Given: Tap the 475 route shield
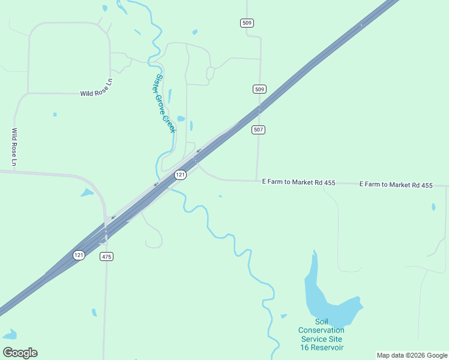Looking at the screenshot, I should [106, 257].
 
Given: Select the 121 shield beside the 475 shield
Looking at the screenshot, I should [79, 255].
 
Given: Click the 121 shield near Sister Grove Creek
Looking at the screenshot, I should [180, 175].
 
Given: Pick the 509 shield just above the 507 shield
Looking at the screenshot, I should [259, 89].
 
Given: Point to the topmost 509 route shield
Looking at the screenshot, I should [247, 23].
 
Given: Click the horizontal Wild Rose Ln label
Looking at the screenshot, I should [97, 94].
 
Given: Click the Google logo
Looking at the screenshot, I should [20, 353].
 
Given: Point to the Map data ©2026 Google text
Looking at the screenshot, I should [411, 355].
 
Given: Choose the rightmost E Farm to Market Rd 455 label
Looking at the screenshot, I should [396, 185].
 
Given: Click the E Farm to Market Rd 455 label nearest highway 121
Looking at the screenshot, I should [298, 182].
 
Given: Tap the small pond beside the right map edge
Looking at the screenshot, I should [433, 207].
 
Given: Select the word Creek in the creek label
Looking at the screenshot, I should [169, 121].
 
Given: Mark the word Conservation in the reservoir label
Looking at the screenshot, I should [321, 330].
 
